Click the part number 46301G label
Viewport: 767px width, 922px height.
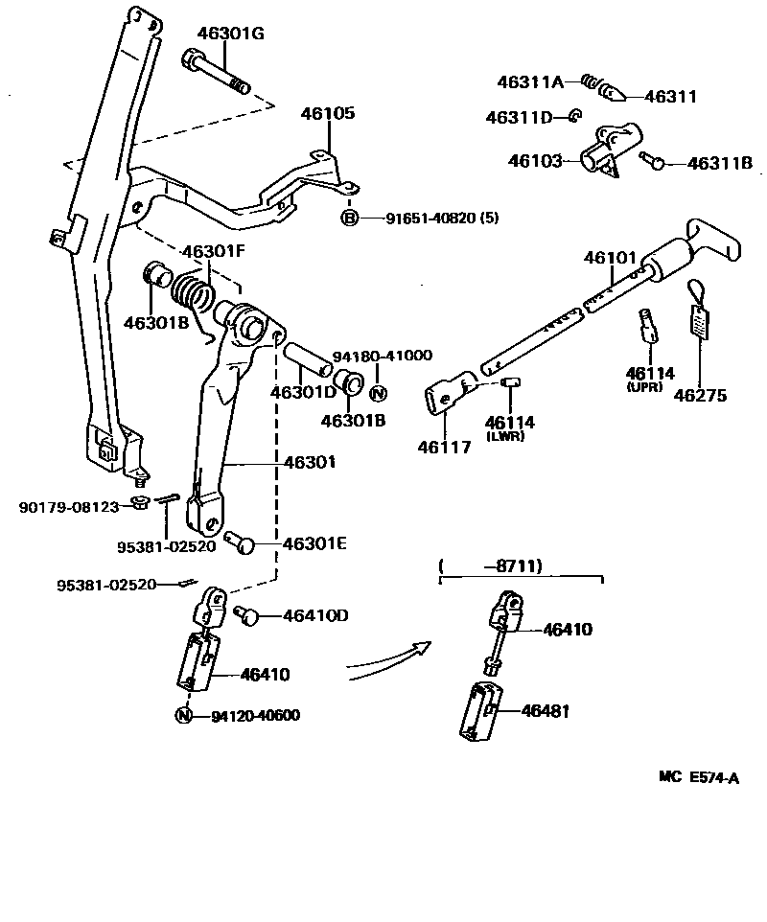click(230, 34)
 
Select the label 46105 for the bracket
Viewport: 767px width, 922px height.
click(329, 113)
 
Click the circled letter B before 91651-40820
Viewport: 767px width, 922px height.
click(350, 218)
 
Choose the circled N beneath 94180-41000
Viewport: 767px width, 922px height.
click(378, 393)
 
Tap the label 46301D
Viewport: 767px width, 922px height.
click(302, 393)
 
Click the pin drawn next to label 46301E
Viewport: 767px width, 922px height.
click(240, 542)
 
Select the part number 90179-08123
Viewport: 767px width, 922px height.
click(68, 505)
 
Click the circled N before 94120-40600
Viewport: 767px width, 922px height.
click(183, 715)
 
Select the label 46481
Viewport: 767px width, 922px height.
click(546, 711)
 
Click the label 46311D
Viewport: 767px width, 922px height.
click(519, 118)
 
